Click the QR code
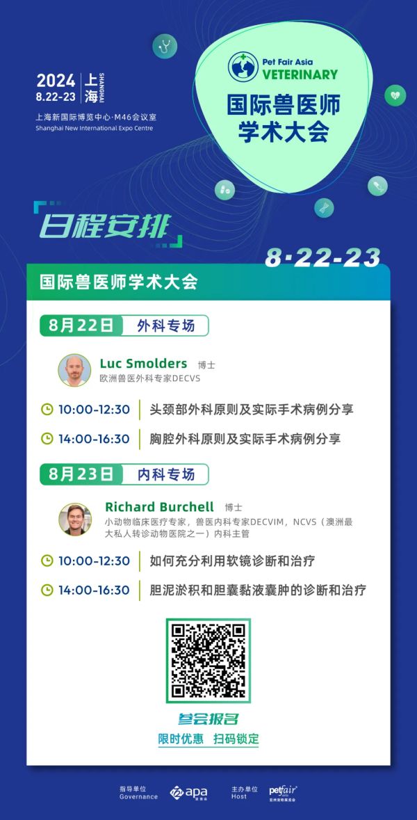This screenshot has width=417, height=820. click(x=208, y=661)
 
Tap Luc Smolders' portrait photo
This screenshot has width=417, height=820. click(x=75, y=370)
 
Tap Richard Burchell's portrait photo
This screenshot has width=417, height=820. click(x=75, y=520)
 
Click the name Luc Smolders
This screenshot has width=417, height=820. click(x=143, y=363)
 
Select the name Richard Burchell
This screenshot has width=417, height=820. click(x=159, y=506)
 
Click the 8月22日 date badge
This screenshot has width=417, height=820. click(x=81, y=325)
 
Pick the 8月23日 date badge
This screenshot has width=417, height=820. click(x=81, y=474)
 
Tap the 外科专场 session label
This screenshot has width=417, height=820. click(x=165, y=325)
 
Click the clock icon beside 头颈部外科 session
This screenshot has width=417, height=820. click(x=47, y=409)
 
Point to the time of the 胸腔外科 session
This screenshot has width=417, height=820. click(x=94, y=438)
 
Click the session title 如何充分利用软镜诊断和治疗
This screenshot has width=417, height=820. click(x=232, y=561)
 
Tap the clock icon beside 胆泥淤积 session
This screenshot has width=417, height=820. click(x=47, y=590)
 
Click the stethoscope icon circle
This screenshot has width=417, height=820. click(x=165, y=46)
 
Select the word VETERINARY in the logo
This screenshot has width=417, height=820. click(x=300, y=74)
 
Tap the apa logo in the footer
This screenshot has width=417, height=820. click(x=188, y=792)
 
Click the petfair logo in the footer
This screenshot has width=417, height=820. click(x=283, y=792)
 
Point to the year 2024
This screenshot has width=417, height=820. click(x=56, y=81)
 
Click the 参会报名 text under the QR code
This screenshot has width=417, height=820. click(x=208, y=718)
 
